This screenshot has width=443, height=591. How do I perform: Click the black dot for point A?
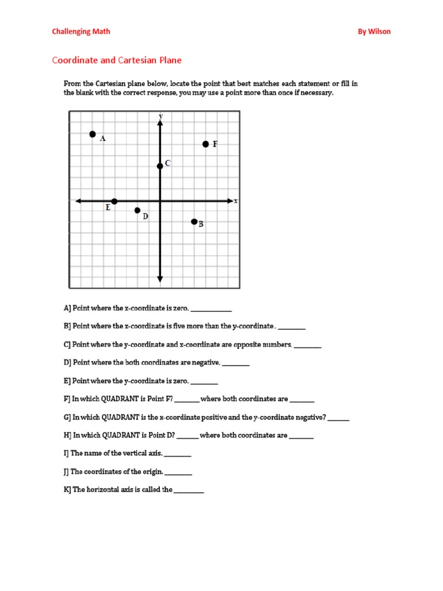[x=92, y=134]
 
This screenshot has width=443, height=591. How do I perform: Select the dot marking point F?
[x=205, y=144]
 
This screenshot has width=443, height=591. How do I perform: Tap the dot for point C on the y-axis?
[x=160, y=166]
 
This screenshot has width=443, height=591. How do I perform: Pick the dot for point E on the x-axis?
[x=114, y=201]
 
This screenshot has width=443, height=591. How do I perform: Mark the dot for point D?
[x=137, y=211]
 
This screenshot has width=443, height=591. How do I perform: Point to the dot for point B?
[x=194, y=222]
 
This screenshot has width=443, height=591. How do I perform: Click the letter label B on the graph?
[x=201, y=225]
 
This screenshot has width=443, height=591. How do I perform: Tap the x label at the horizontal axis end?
[x=236, y=201]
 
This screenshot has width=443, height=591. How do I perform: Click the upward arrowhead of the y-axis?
[x=160, y=117]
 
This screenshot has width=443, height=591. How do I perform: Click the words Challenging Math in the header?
[x=81, y=32]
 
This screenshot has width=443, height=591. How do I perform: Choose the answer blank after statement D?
[x=236, y=364]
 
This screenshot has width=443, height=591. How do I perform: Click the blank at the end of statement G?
[x=339, y=418]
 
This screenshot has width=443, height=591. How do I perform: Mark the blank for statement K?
[x=189, y=491]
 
